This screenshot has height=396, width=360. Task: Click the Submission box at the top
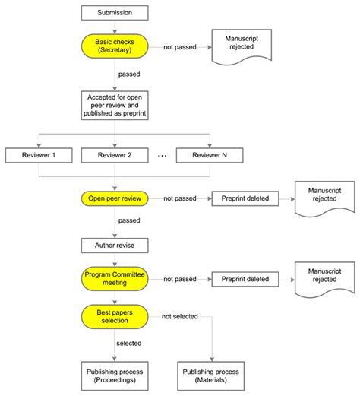pyautogui.click(x=114, y=13)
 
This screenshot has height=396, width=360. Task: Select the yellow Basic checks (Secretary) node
pyautogui.click(x=114, y=45)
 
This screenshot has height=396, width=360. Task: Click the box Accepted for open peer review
pyautogui.click(x=114, y=105)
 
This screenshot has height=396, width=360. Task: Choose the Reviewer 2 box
pyautogui.click(x=114, y=155)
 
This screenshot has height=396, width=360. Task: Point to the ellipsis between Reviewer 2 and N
pyautogui.click(x=161, y=155)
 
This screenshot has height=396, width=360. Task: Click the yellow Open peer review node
pyautogui.click(x=114, y=198)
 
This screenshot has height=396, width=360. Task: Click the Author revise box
pyautogui.click(x=114, y=246)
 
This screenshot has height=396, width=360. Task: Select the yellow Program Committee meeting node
pyautogui.click(x=114, y=279)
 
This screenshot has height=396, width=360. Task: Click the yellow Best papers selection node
pyautogui.click(x=114, y=315)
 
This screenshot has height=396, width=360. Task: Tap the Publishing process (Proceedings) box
pyautogui.click(x=114, y=376)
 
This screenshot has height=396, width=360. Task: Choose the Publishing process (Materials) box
pyautogui.click(x=210, y=376)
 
